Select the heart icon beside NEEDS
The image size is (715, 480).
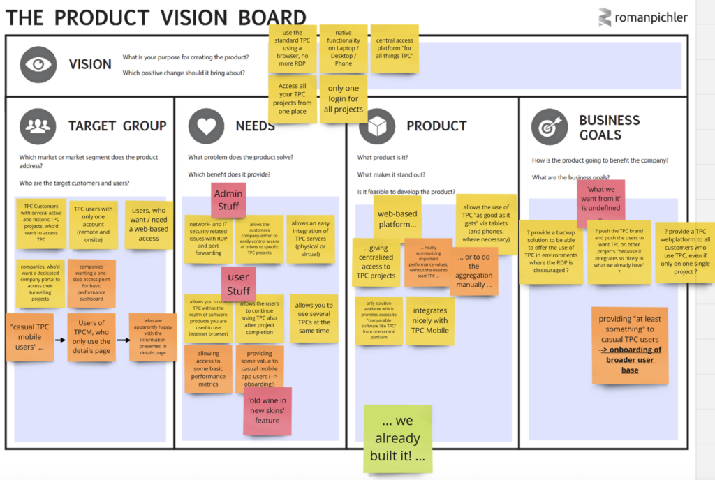[205, 126]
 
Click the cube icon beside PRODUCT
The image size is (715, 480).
[377, 127]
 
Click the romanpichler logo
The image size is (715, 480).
[643, 17]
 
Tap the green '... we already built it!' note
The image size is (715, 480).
[397, 439]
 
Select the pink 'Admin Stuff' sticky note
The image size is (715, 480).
[228, 200]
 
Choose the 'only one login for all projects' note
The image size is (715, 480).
[344, 99]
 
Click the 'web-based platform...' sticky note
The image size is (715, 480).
[397, 219]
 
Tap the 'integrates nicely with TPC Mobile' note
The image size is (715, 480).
[430, 321]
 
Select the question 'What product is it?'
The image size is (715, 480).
[383, 158]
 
